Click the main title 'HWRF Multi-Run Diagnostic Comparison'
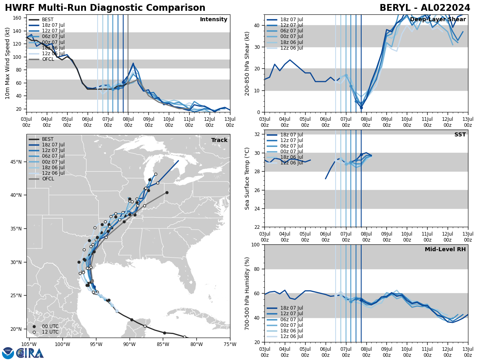pos(105,8)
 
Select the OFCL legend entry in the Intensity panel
pos(48,59)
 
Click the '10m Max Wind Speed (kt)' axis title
pos(8,63)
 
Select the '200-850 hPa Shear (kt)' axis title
pos(248,63)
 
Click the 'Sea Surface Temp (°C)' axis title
pos(248,178)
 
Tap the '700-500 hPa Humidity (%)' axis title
pos(248,293)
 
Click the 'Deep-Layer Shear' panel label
pos(438,20)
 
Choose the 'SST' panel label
pos(460,135)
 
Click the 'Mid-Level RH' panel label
pos(445,250)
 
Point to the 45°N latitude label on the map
pos(16,162)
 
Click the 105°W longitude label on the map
pos(29,344)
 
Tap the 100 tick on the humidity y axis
pos(256,244)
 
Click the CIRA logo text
pos(30,353)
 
